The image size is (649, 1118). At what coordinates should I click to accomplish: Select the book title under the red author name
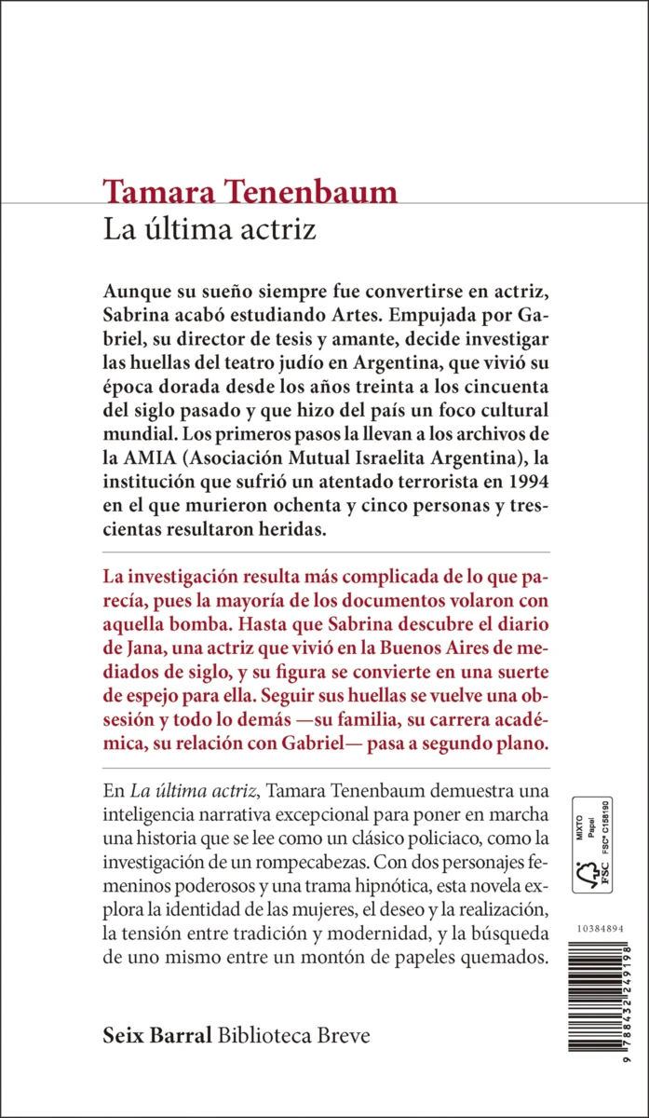[x=210, y=230]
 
